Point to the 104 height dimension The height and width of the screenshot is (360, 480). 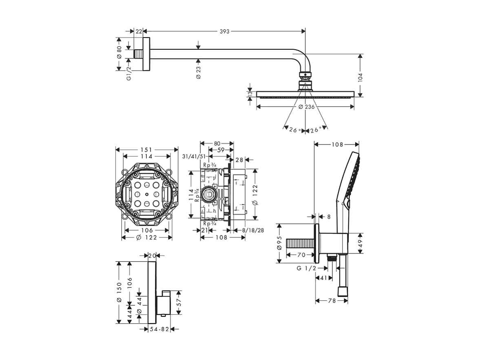pos(360,76)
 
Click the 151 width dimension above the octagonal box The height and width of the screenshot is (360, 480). pos(147,150)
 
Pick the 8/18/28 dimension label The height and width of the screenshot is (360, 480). pos(253,230)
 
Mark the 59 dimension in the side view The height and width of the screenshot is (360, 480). pos(222,150)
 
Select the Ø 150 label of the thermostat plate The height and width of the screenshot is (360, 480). pos(119,292)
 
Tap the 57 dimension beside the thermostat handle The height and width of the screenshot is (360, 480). pos(179,303)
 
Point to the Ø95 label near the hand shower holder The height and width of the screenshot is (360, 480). pos(279,243)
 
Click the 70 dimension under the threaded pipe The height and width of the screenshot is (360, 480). pos(302,255)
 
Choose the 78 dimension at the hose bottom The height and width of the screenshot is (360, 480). pos(332,301)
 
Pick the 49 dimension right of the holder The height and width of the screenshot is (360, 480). pos(360,243)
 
